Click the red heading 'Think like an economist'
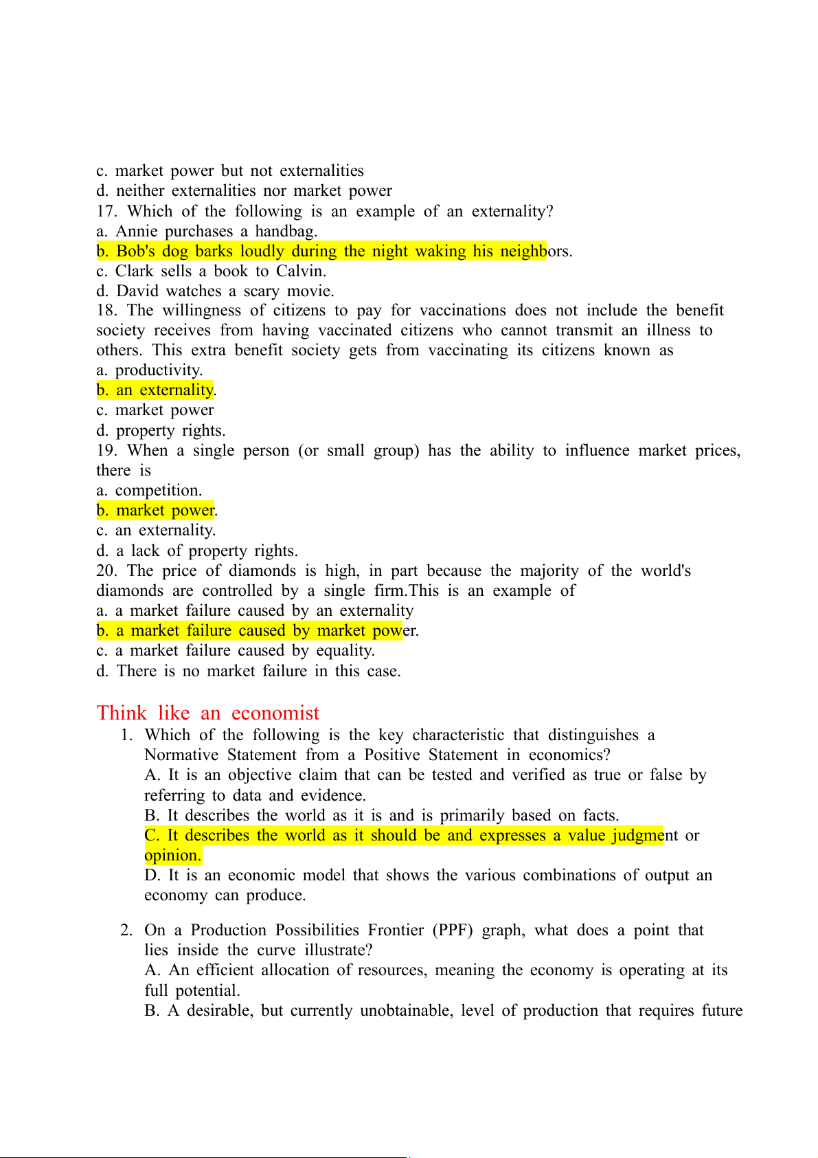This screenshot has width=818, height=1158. [x=207, y=713]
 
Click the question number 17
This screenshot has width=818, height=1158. [x=106, y=211]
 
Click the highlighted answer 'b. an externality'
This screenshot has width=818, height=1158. [x=155, y=390]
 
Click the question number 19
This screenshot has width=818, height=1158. [x=106, y=450]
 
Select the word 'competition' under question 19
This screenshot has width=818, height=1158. [x=157, y=490]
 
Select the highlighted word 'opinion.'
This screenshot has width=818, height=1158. [x=172, y=855]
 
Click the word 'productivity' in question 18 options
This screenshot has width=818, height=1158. [x=158, y=370]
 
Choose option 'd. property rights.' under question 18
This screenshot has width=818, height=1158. [x=161, y=430]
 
